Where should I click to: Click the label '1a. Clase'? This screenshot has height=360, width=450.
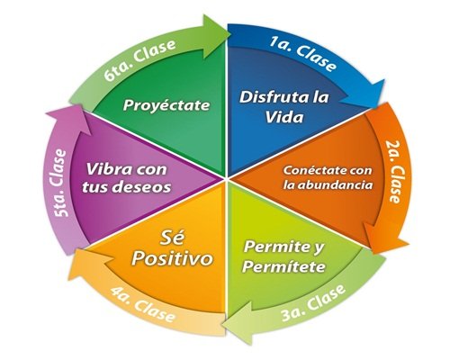(302, 54)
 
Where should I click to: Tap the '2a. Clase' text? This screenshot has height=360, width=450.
(395, 172)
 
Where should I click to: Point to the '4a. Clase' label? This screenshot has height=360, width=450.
(143, 305)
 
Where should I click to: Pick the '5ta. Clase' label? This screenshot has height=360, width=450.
(58, 183)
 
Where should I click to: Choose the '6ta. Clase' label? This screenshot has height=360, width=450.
(139, 60)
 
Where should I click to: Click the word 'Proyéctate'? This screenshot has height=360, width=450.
(166, 105)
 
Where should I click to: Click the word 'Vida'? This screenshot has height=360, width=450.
(284, 117)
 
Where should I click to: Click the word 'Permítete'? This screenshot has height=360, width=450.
(283, 266)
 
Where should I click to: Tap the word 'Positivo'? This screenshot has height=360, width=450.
(173, 258)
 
